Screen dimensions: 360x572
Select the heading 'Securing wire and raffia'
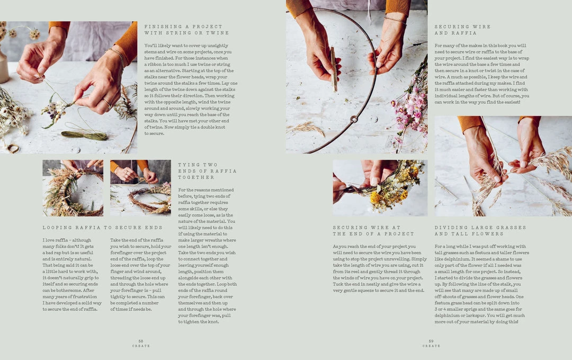coord(462,30)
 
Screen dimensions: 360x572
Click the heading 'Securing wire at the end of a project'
coord(373,231)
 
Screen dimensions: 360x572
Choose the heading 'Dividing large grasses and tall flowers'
coord(480,231)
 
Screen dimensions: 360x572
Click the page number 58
coord(141,341)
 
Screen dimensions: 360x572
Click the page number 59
coord(431,341)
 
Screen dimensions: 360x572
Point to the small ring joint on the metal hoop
coord(351,120)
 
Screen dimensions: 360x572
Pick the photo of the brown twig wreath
coord(140,188)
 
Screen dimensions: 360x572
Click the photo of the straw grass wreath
coord(73,188)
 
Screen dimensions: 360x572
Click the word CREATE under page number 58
coord(141,346)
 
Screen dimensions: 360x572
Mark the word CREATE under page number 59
coord(431,346)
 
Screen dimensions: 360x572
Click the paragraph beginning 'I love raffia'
coord(71,274)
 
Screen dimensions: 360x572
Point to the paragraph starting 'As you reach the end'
coord(379,268)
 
